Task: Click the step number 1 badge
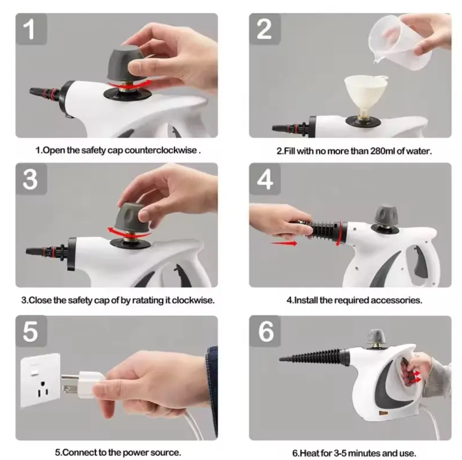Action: pyautogui.click(x=31, y=29)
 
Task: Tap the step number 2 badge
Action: pyautogui.click(x=265, y=29)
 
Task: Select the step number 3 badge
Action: pyautogui.click(x=31, y=179)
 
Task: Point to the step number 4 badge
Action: pyautogui.click(x=265, y=179)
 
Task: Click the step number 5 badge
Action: pyautogui.click(x=31, y=331)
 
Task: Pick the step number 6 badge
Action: pyautogui.click(x=265, y=331)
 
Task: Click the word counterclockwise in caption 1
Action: pyautogui.click(x=160, y=150)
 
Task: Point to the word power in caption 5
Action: pyautogui.click(x=136, y=453)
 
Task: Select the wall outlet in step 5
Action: pyautogui.click(x=40, y=380)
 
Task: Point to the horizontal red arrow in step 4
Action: pyautogui.click(x=284, y=243)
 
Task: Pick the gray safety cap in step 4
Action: pyautogui.click(x=386, y=214)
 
